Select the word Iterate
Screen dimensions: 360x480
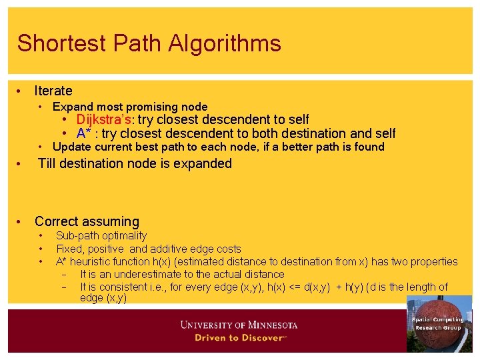(x=53, y=91)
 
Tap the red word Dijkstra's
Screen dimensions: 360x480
(x=104, y=119)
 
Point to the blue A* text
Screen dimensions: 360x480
(x=84, y=133)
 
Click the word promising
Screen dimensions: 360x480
(x=147, y=107)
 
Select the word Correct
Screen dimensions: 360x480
(x=61, y=221)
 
